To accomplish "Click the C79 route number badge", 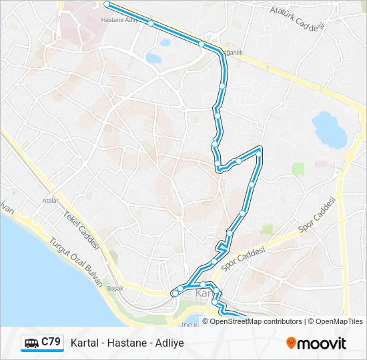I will [x=51, y=342].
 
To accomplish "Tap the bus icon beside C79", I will [x=31, y=343].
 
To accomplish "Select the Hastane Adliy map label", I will [x=118, y=20].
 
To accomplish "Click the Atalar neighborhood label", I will [x=50, y=200].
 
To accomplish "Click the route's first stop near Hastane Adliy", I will [x=107, y=4].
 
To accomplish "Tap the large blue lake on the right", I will [x=329, y=128].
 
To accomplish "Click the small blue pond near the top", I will [x=153, y=58].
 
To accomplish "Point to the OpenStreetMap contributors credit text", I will [x=256, y=321].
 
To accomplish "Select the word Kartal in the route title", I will [x=85, y=343].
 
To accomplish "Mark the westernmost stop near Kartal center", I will [x=175, y=293].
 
